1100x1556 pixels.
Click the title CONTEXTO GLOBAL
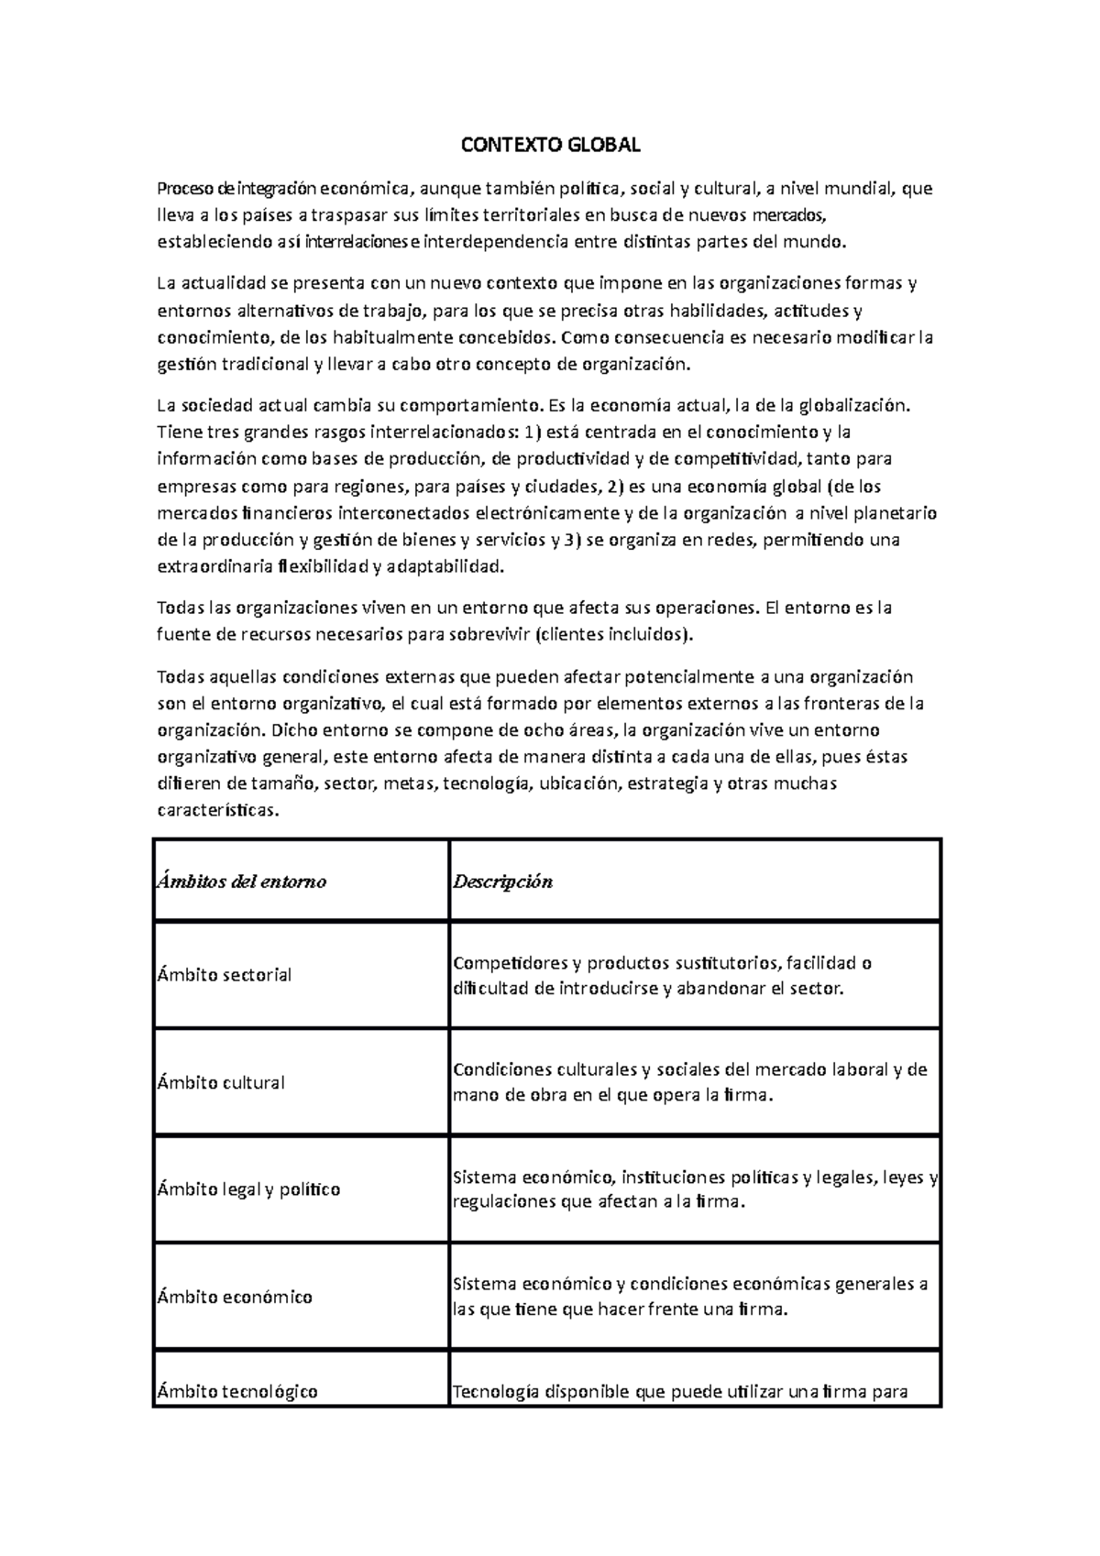coord(549,146)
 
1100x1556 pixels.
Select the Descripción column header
coord(502,882)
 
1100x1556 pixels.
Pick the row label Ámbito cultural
coord(221,1082)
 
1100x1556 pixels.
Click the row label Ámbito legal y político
coord(248,1189)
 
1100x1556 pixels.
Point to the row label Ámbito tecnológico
coord(237,1391)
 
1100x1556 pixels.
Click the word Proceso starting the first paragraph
coord(185,190)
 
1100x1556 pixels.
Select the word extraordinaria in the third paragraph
coord(214,567)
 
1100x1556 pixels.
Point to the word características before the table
coord(215,811)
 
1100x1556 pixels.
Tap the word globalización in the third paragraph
coord(854,404)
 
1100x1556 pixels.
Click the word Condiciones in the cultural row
coord(497,1069)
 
